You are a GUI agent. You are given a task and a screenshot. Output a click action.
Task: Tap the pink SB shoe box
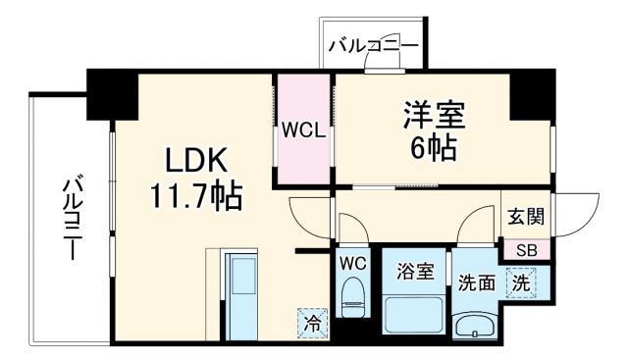pos(527,249)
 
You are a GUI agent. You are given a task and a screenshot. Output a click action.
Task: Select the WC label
pos(353,263)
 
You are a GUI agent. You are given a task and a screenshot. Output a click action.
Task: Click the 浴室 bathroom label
pos(416,271)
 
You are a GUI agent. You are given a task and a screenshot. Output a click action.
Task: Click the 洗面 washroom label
pos(477,284)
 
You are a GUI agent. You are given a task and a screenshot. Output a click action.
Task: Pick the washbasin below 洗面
pos(477,324)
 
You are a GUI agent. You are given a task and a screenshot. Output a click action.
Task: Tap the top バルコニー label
pos(373,45)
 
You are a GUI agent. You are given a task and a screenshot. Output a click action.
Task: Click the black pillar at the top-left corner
pos(110,92)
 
